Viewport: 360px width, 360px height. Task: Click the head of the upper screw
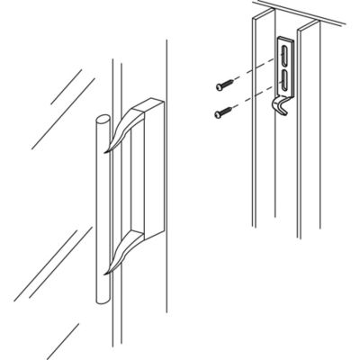point(219,86)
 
